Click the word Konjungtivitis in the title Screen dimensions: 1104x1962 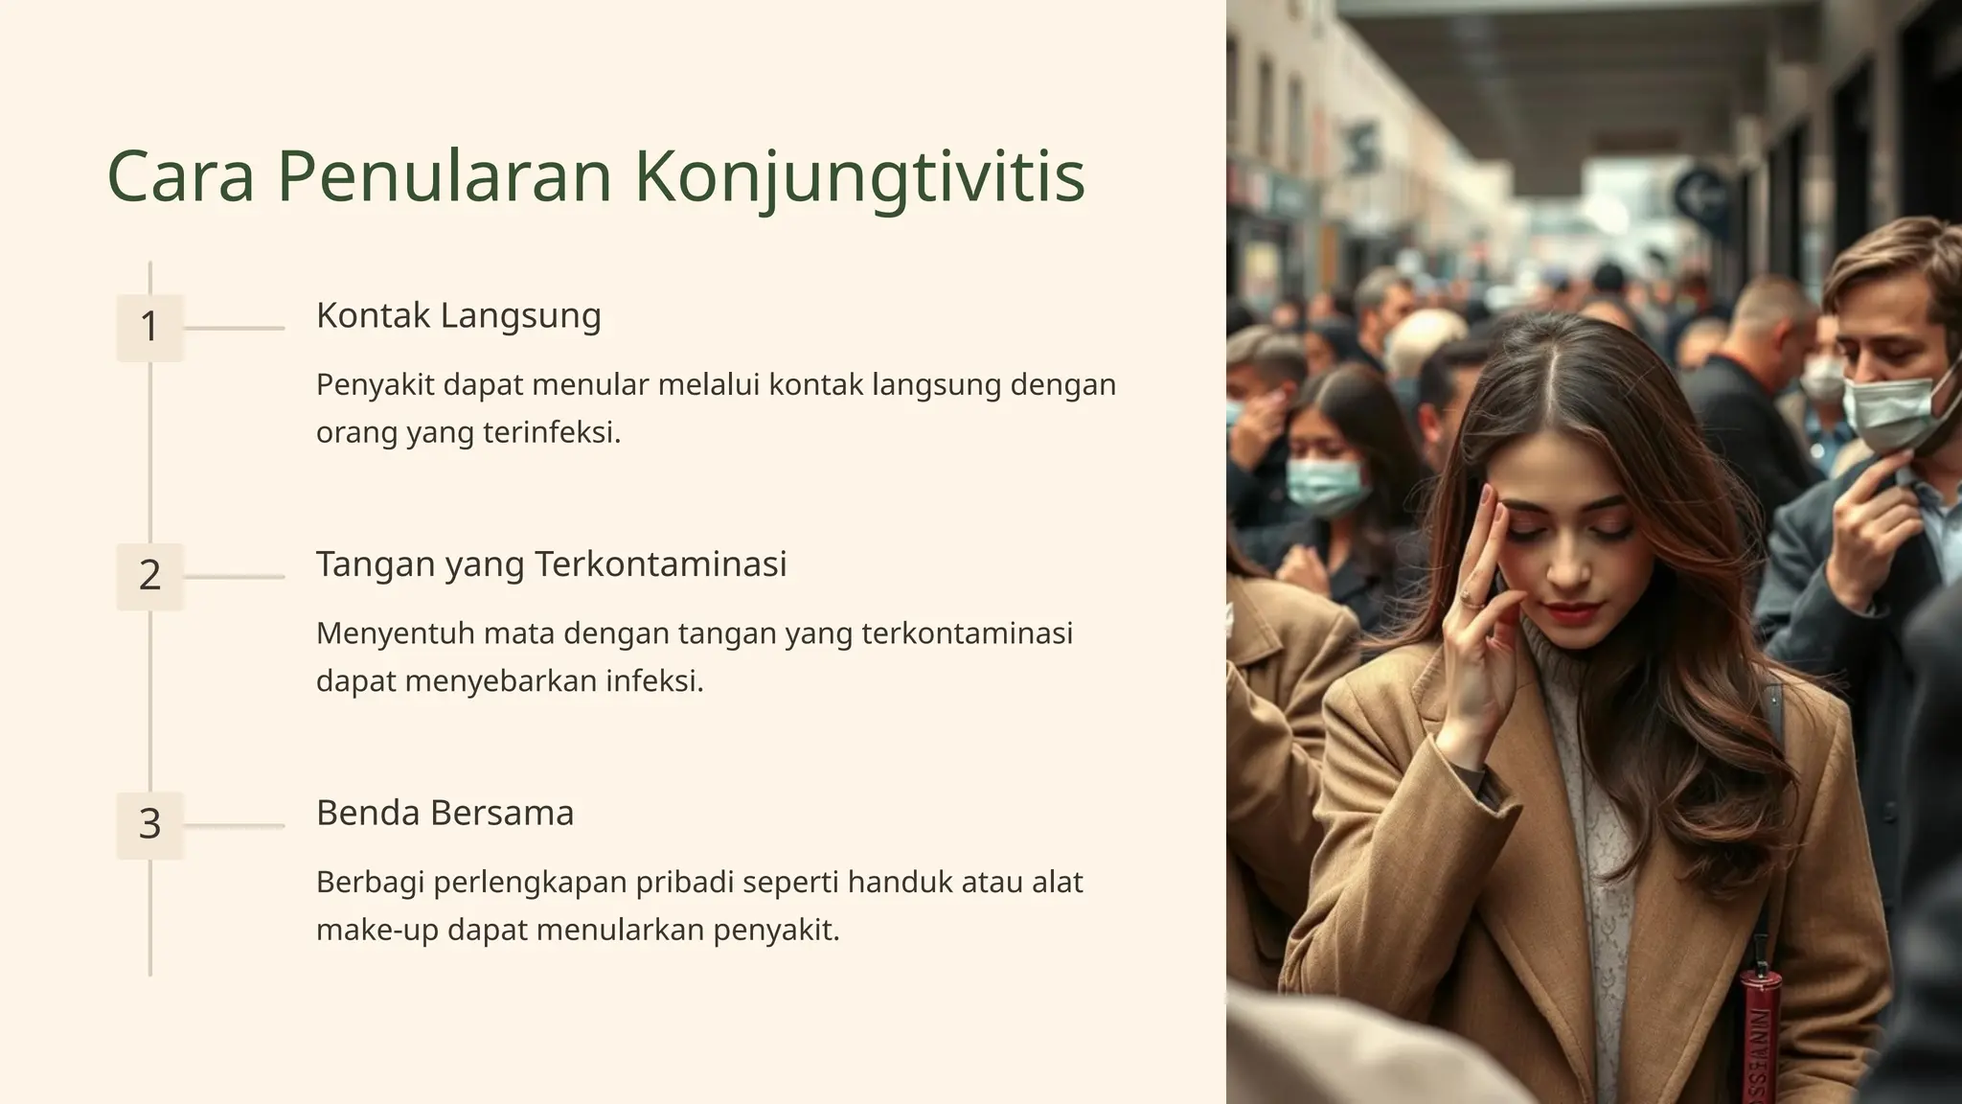(x=859, y=177)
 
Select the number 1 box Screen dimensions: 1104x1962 (x=149, y=328)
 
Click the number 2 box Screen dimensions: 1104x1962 (x=149, y=576)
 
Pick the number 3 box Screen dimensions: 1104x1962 (x=149, y=824)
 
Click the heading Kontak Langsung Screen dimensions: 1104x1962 (x=458, y=316)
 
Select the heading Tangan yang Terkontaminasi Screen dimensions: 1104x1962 (x=551, y=564)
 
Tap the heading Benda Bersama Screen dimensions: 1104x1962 (x=445, y=813)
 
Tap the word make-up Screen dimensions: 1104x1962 (x=376, y=930)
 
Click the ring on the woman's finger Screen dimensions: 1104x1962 (x=1465, y=598)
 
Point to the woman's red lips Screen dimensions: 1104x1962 (x=1571, y=611)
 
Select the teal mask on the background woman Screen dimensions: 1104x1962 (x=1324, y=484)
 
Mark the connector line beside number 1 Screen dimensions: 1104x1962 (x=234, y=328)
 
